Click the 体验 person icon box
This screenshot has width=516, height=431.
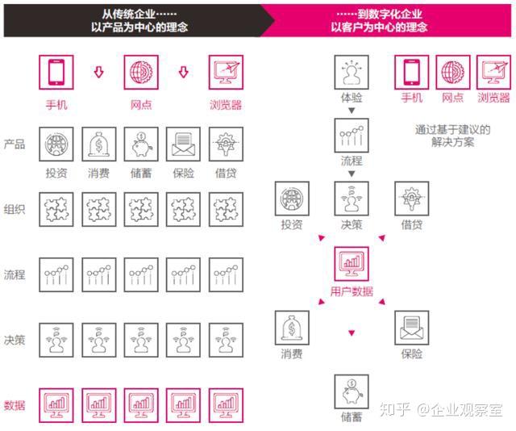[352, 72]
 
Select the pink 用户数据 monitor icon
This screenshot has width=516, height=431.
[352, 264]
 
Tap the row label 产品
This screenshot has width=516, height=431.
[15, 144]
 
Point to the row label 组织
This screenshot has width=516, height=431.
[15, 209]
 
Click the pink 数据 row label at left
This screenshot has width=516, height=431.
[15, 405]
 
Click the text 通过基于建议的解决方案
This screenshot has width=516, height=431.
[452, 136]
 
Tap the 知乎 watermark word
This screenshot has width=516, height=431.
[395, 409]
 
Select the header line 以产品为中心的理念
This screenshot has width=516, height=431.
[139, 27]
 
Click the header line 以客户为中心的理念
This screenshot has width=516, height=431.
[379, 27]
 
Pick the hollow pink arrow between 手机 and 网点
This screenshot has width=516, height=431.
[98, 72]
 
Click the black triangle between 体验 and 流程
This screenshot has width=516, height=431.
[352, 111]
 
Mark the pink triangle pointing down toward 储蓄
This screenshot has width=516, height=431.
[352, 333]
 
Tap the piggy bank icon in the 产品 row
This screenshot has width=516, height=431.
[141, 144]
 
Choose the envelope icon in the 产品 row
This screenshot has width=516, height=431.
[183, 144]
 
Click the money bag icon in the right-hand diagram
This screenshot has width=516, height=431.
[292, 328]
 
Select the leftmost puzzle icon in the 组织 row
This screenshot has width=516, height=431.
[56, 209]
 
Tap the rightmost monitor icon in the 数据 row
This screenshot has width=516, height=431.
[226, 405]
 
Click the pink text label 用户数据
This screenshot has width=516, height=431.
[352, 291]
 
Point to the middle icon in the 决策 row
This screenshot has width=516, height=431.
[141, 340]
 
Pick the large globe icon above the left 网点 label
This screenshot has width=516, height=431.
[141, 72]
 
